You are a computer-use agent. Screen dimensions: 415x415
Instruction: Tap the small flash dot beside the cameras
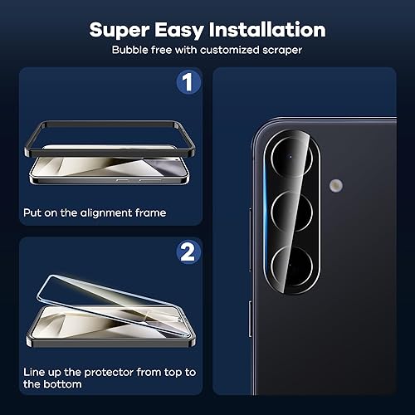pos(335,184)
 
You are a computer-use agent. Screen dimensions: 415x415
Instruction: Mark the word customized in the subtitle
pos(233,50)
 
